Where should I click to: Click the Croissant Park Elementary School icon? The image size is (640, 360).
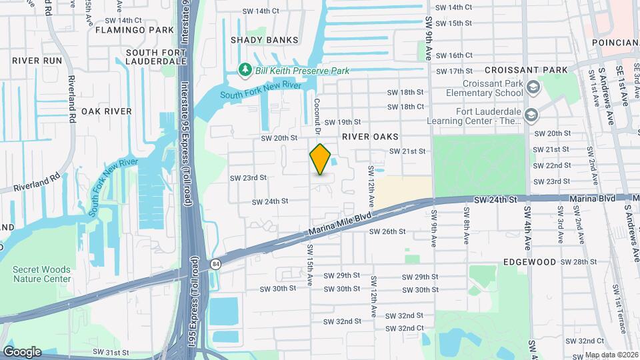click(x=533, y=87)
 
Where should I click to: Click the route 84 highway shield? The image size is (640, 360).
click(x=216, y=263)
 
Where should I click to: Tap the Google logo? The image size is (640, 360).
click(x=21, y=351)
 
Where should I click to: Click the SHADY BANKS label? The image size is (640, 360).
click(x=264, y=40)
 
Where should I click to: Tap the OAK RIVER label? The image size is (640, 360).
click(x=107, y=111)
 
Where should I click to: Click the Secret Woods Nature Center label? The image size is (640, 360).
click(x=41, y=274)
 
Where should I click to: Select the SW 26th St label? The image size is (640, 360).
click(x=387, y=231)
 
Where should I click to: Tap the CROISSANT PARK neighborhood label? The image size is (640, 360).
click(x=526, y=70)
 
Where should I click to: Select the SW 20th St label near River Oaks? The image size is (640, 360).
click(x=279, y=138)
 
